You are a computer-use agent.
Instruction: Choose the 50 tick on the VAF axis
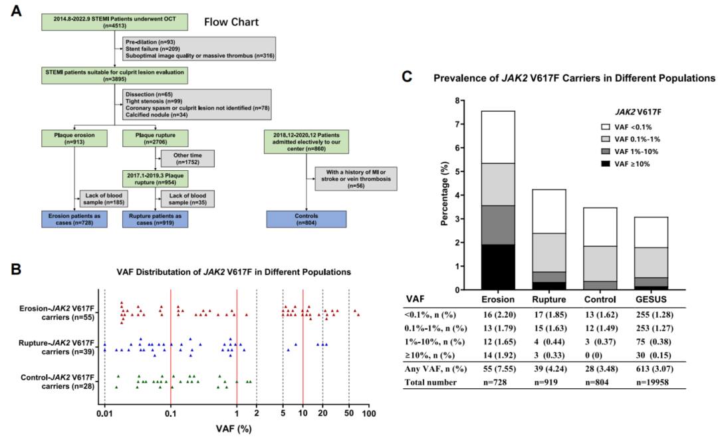(x=349, y=413)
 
